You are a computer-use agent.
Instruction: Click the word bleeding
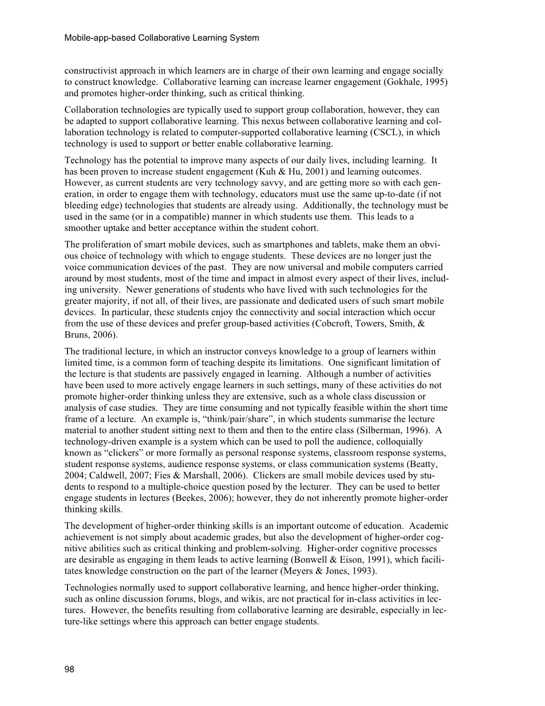click(81, 205)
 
